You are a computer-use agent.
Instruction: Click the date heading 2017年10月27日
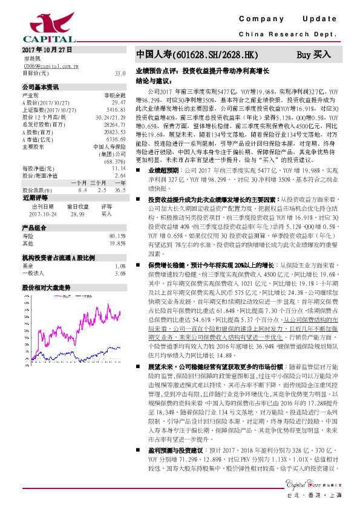47,49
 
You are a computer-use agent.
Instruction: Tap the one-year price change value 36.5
119,190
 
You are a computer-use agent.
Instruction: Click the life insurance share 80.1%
117,236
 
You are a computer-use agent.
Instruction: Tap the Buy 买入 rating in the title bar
313,55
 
